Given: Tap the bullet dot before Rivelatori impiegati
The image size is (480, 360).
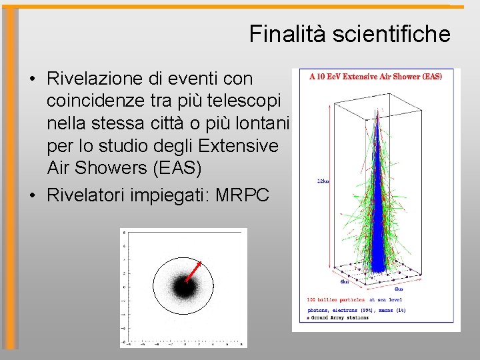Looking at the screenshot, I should coord(32,195).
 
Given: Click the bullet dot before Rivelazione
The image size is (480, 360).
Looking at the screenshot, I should coord(32,79).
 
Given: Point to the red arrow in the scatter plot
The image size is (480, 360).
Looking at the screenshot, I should coord(193,270).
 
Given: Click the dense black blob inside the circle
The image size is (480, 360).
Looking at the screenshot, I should coord(182,288).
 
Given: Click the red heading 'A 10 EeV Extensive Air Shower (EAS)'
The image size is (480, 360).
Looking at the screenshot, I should coord(375,77).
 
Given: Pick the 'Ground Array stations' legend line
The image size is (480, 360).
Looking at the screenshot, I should coord(340,318).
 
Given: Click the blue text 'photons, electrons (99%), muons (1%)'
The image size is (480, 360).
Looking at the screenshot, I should coord(356,310).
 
